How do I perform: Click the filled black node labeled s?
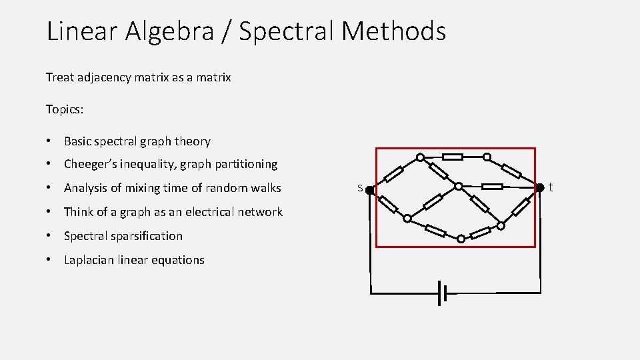tap(369, 190)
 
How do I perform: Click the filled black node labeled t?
tap(541, 188)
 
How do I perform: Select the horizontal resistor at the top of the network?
tap(453, 157)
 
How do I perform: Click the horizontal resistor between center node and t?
tap(493, 186)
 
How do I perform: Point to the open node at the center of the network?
tap(459, 186)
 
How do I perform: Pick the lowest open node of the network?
tap(461, 238)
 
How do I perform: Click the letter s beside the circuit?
tap(359, 188)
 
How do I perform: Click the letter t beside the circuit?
tap(551, 188)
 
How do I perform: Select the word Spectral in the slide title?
tap(284, 31)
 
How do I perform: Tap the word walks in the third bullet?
tap(265, 188)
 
